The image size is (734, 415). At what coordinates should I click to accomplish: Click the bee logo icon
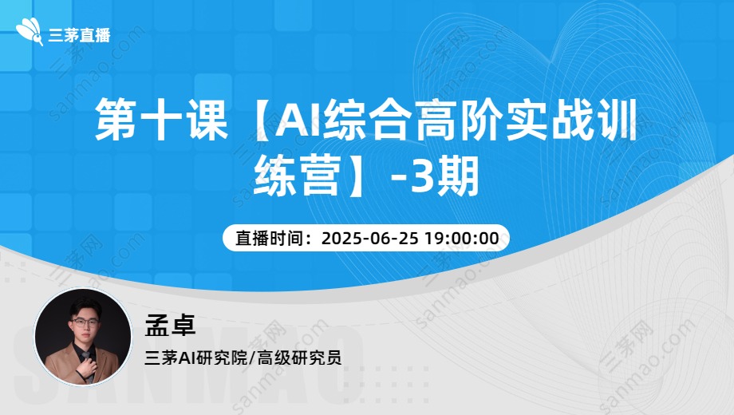pyautogui.click(x=30, y=31)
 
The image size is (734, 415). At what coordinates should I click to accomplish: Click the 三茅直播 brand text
pyautogui.click(x=79, y=35)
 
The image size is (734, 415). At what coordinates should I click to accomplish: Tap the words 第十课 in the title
pyautogui.click(x=161, y=119)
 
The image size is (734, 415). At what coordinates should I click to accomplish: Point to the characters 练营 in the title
pyautogui.click(x=296, y=176)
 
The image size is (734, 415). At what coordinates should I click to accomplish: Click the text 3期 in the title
pyautogui.click(x=444, y=176)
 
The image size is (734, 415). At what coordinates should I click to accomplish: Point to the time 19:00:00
pyautogui.click(x=462, y=239)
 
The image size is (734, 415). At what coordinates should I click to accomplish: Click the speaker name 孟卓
pyautogui.click(x=170, y=324)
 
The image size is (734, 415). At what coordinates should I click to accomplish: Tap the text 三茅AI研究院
pyautogui.click(x=195, y=358)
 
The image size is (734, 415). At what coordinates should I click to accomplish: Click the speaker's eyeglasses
pyautogui.click(x=85, y=322)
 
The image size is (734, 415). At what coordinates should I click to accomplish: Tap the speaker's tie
pyautogui.click(x=87, y=360)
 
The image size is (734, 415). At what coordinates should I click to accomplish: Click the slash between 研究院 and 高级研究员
pyautogui.click(x=252, y=358)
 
